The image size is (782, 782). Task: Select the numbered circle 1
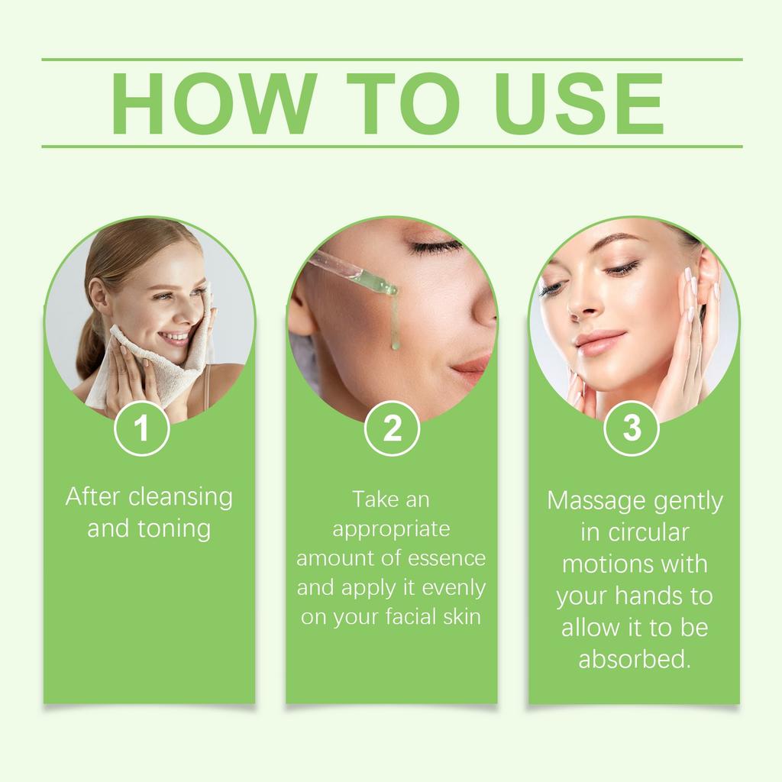pyautogui.click(x=141, y=428)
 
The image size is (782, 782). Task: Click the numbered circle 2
pyautogui.click(x=391, y=428)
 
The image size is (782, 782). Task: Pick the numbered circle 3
pyautogui.click(x=632, y=428)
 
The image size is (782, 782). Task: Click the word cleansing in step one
pyautogui.click(x=180, y=497)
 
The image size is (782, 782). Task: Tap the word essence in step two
pyautogui.click(x=445, y=558)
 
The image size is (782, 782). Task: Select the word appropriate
pyautogui.click(x=391, y=529)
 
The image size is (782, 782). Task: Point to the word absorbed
pyautogui.click(x=634, y=658)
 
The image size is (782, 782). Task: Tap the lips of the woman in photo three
pyautogui.click(x=599, y=341)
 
